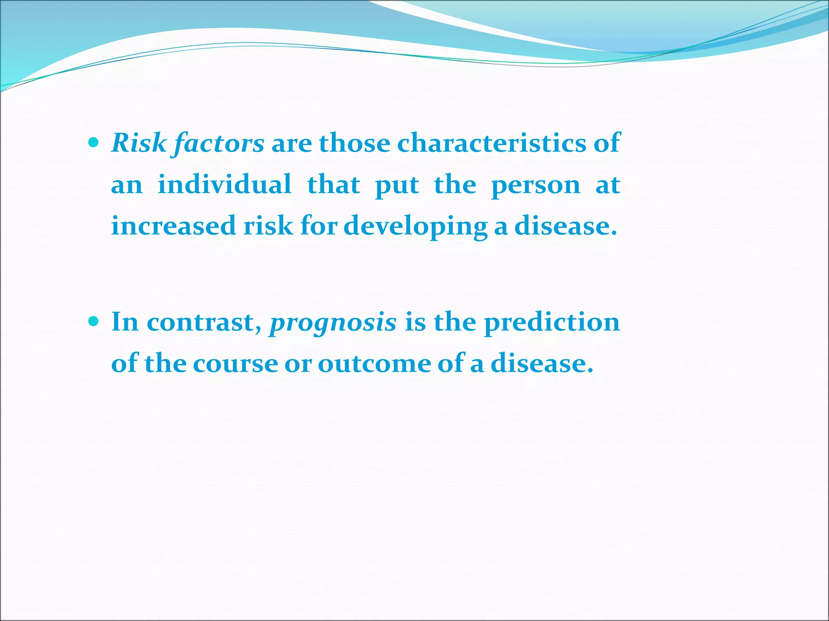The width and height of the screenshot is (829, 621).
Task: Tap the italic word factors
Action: tap(219, 144)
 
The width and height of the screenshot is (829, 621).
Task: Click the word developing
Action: tap(415, 226)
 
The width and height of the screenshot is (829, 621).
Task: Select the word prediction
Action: tap(552, 323)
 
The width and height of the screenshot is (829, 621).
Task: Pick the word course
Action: tap(235, 363)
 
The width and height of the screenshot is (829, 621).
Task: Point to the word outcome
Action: tap(374, 363)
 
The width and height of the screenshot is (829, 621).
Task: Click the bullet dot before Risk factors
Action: tap(94, 142)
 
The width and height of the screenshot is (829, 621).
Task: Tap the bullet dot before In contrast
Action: tap(94, 321)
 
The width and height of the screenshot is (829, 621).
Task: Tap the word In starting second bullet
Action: tap(125, 322)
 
